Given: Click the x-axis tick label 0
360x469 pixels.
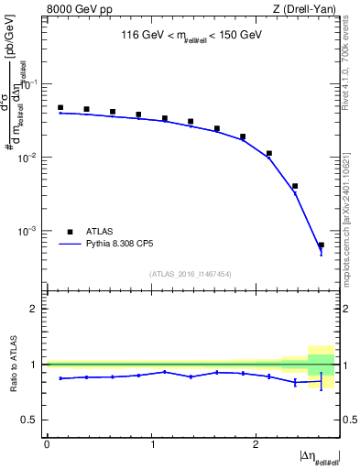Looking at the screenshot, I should (47, 443).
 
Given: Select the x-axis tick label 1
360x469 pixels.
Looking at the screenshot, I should (151, 443).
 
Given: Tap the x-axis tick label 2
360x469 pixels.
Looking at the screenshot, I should (256, 443).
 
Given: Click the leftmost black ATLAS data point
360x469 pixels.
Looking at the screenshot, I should (60, 107).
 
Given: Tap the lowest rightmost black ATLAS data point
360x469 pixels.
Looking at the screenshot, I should (321, 245).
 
